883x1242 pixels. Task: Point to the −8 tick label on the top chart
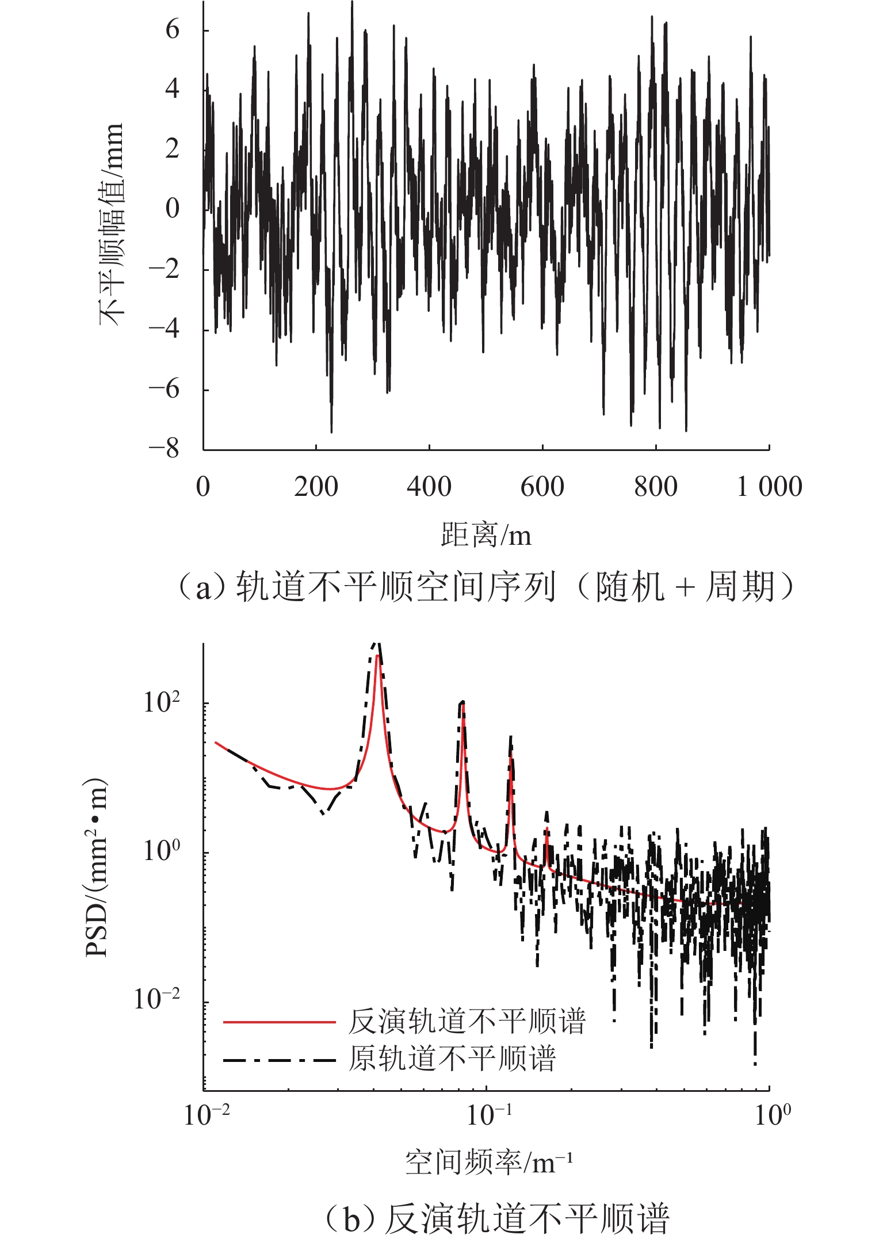coord(165,448)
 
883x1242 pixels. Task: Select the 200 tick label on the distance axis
coord(316,487)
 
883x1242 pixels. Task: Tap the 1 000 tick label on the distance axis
coord(770,487)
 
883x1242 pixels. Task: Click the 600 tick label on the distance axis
coord(542,487)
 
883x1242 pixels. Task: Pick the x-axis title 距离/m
coord(486,535)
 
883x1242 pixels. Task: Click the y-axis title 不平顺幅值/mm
coord(112,224)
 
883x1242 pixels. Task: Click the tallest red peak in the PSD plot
coord(377,656)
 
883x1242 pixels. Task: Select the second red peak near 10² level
coord(463,703)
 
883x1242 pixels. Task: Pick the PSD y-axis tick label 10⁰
coord(162,850)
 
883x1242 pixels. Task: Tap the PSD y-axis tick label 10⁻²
coord(157,999)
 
